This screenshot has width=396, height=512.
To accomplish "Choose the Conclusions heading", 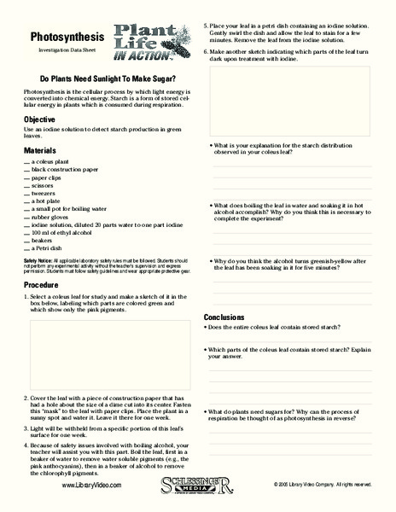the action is click(x=224, y=317).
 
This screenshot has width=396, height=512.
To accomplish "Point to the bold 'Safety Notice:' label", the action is click(x=38, y=259).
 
